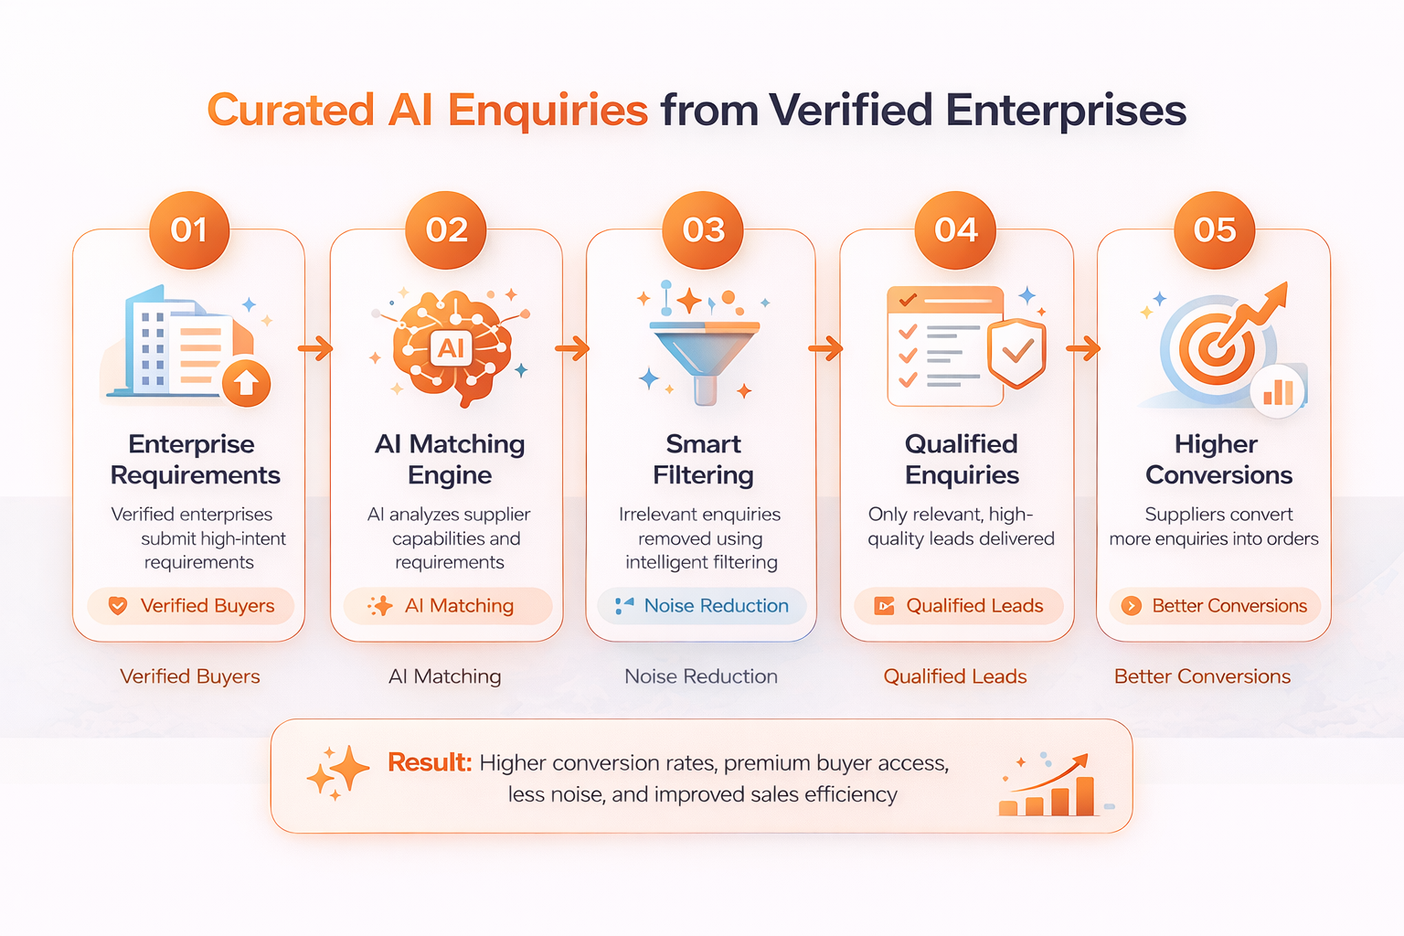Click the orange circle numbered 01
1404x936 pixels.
189,230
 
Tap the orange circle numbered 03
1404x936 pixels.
703,230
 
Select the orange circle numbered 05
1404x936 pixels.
1215,230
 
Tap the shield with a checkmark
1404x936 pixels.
1016,353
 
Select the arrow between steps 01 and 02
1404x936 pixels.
315,348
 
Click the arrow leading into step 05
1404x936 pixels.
1083,348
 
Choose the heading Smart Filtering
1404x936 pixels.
703,460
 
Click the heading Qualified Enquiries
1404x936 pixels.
962,460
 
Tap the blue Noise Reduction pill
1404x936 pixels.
702,606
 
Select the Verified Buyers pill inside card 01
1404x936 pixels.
190,606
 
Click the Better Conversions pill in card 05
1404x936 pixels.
1215,606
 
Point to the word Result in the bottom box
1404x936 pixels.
430,762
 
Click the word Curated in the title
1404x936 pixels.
291,111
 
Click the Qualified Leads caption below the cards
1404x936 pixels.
955,675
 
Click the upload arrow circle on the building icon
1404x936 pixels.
246,383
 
